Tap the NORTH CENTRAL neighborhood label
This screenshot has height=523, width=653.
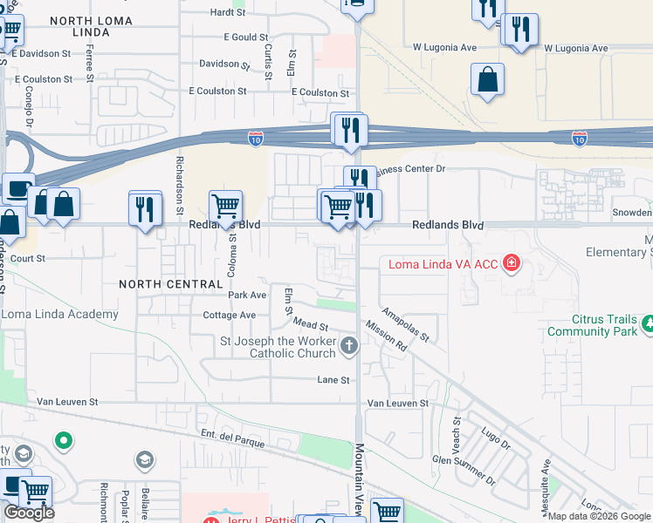tap(171, 284)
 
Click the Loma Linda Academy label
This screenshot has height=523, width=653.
tap(59, 315)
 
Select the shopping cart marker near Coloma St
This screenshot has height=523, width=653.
tap(225, 207)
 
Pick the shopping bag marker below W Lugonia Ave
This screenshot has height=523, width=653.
tap(487, 79)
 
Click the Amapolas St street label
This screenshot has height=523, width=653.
tap(406, 324)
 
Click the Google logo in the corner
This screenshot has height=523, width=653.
tap(29, 513)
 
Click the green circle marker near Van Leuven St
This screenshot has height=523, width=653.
tap(63, 441)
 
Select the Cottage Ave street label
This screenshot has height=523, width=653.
tap(229, 316)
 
